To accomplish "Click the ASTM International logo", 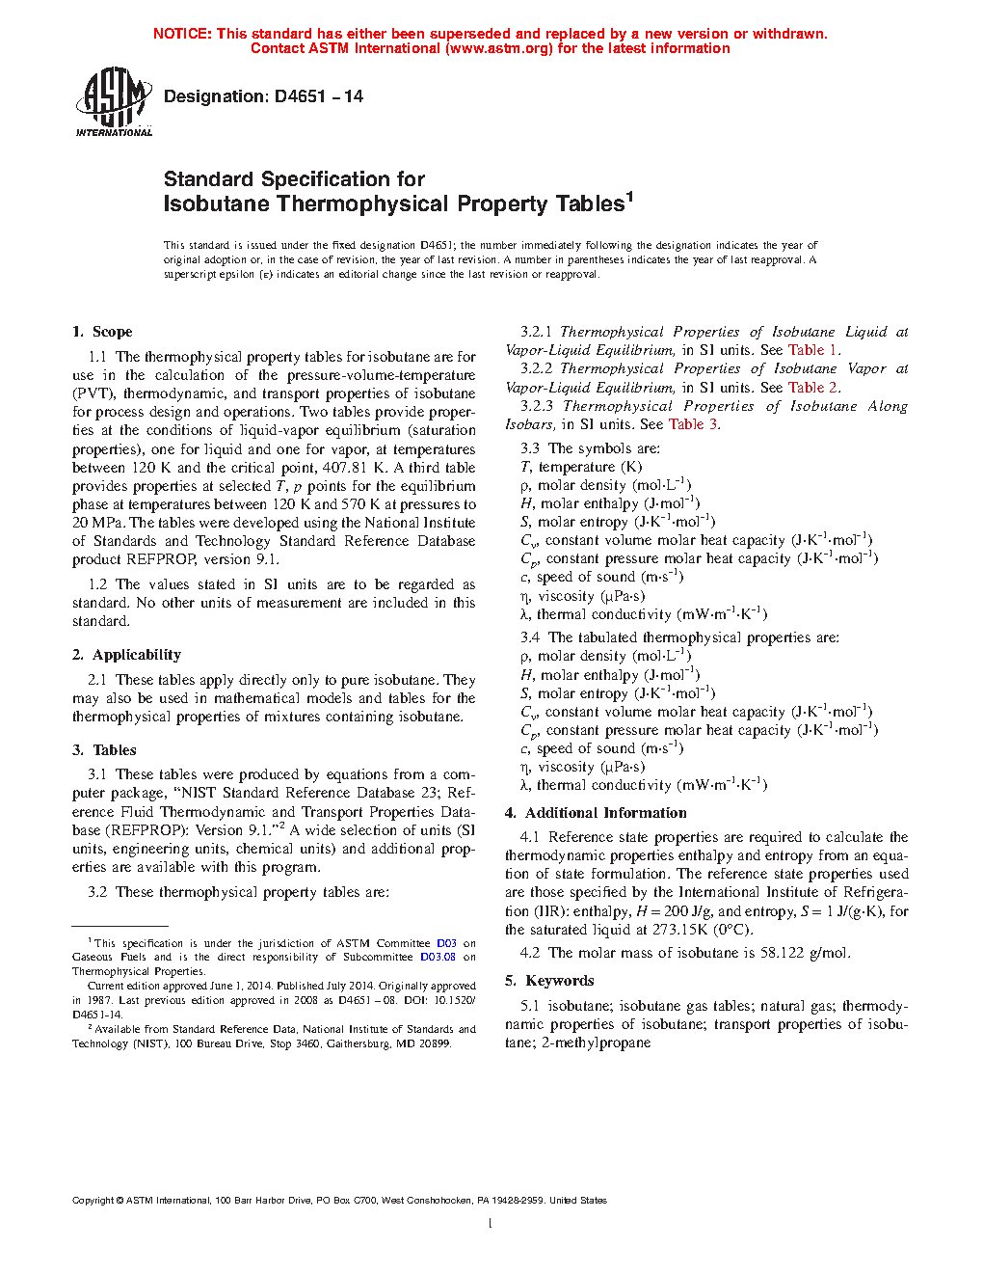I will pos(114,102).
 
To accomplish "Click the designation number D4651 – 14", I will pos(263,96).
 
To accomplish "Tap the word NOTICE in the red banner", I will pos(182,34).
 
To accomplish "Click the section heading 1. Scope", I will pos(102,332).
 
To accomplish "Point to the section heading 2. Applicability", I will pos(126,655).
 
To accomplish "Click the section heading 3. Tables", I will pos(104,750).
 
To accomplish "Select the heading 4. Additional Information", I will pos(596,813).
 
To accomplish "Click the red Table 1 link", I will pos(813,350).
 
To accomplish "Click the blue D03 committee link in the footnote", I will pos(446,943).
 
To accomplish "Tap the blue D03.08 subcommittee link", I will pos(438,957).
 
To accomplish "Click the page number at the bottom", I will pos(491,1224).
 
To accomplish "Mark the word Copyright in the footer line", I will pos(93,1201).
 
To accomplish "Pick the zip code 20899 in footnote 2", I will pos(436,1043).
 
